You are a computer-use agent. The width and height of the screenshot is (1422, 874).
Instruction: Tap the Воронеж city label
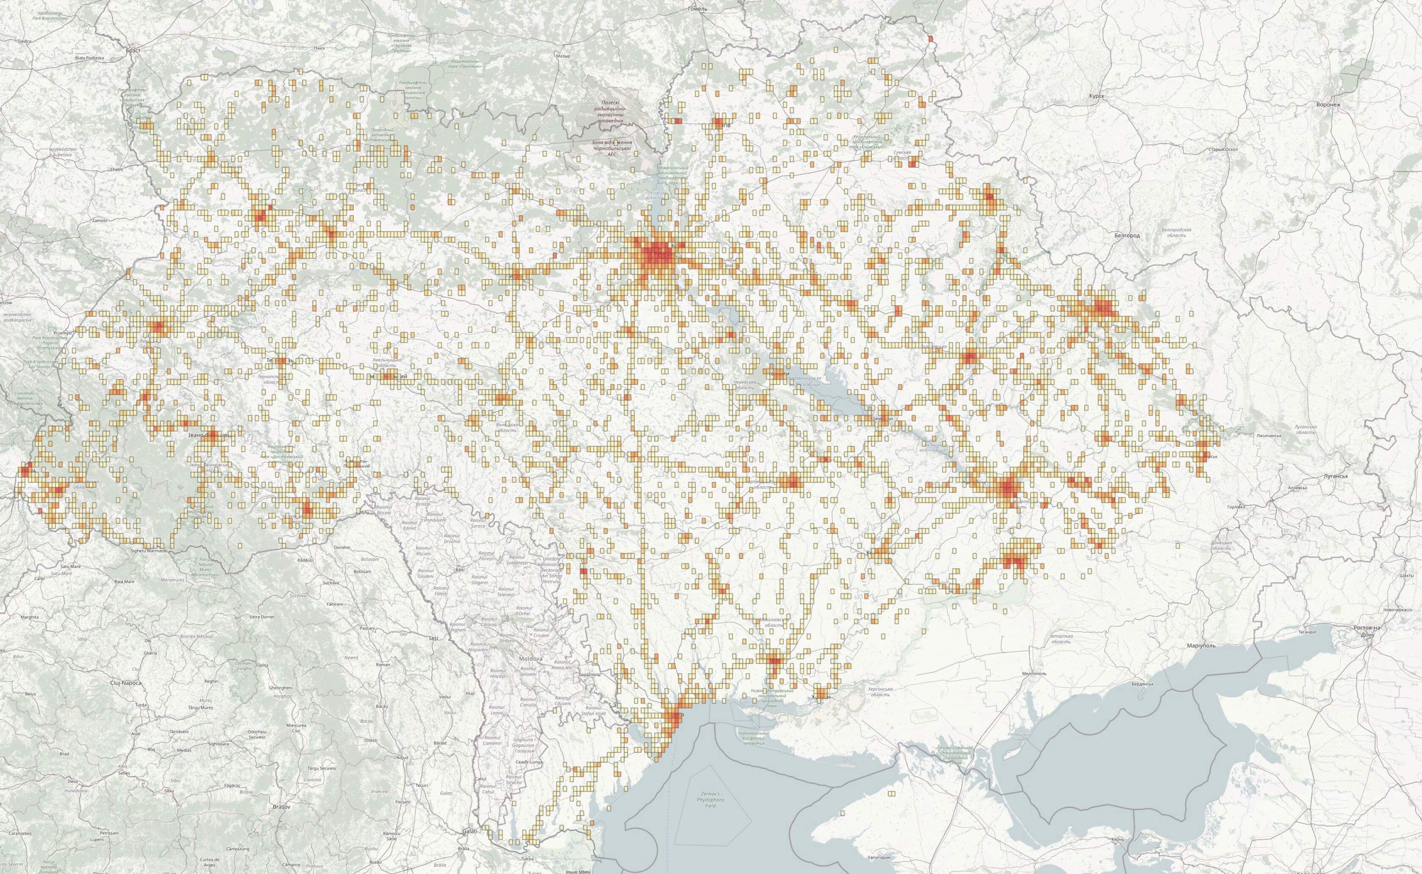[1328, 104]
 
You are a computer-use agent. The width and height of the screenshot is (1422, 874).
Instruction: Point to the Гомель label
[698, 9]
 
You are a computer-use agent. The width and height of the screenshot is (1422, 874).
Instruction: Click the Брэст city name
[133, 51]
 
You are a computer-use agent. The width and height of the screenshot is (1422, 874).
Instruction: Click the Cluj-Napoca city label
[126, 683]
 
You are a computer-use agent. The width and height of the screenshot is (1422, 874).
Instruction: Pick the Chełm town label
[117, 170]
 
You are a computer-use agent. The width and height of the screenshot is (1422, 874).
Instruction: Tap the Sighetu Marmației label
[149, 551]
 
